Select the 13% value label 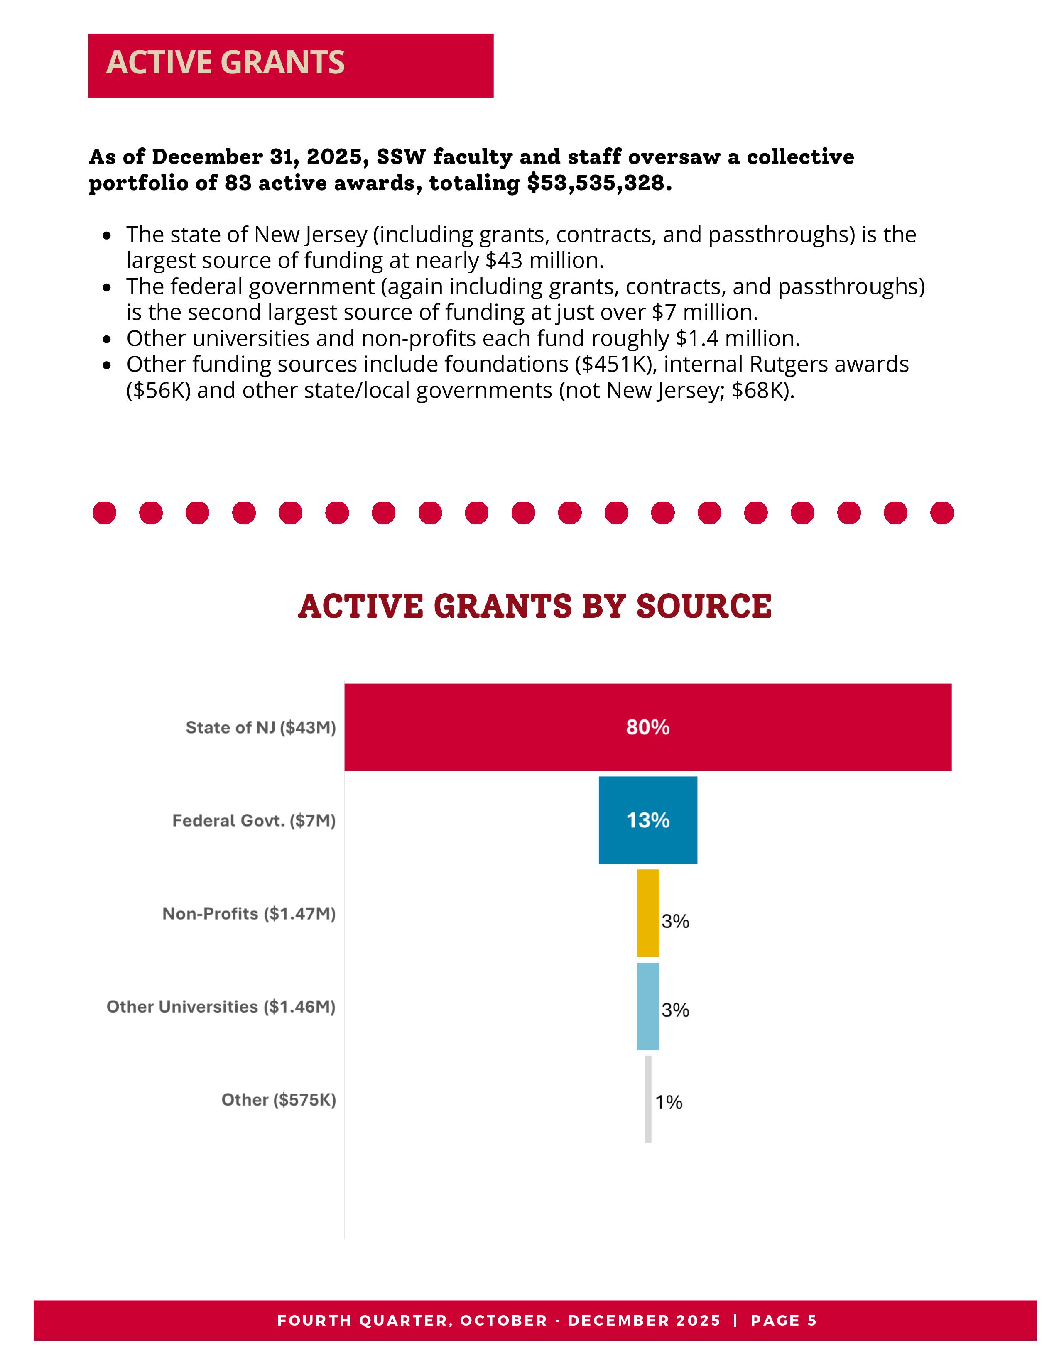647,820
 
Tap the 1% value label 669,1102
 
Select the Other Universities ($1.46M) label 221,1007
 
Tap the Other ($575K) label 279,1100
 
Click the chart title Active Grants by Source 534,606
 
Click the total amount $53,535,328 599,183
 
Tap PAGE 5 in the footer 784,1321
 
